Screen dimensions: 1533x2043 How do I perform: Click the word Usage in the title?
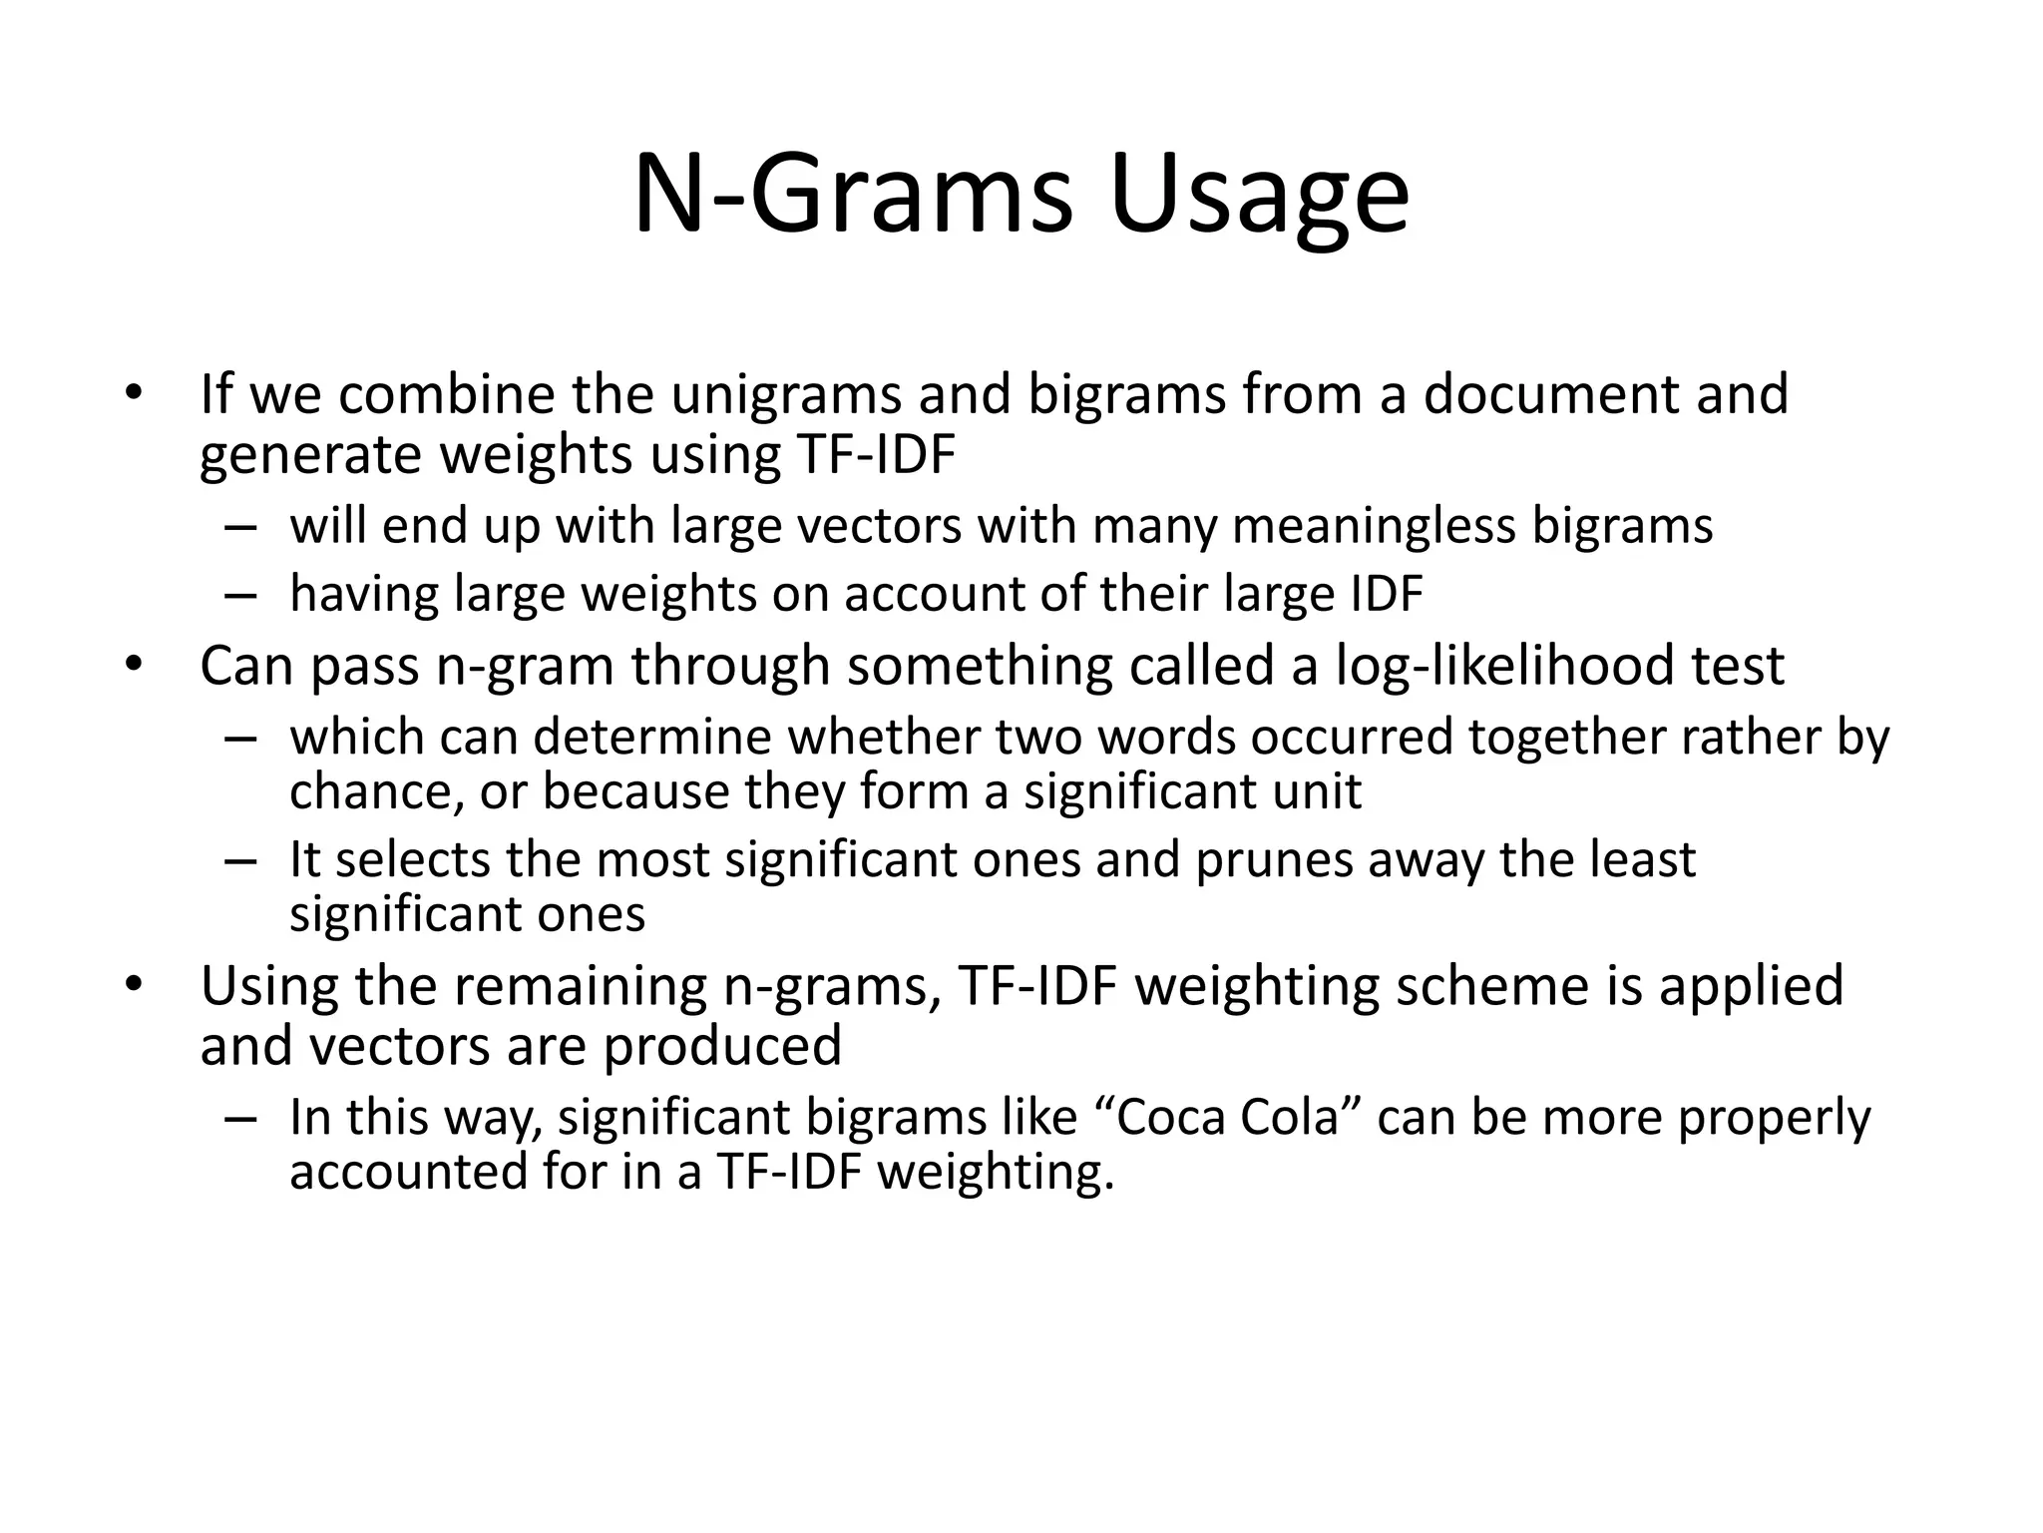[1258, 196]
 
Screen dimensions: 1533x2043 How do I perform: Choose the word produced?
[722, 1046]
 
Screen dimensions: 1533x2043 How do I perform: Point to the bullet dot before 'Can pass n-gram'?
[134, 664]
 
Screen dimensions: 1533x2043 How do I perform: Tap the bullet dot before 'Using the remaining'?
[134, 984]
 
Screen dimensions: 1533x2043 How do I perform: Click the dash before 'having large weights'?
[240, 596]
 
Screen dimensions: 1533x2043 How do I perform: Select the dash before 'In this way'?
[240, 1119]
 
